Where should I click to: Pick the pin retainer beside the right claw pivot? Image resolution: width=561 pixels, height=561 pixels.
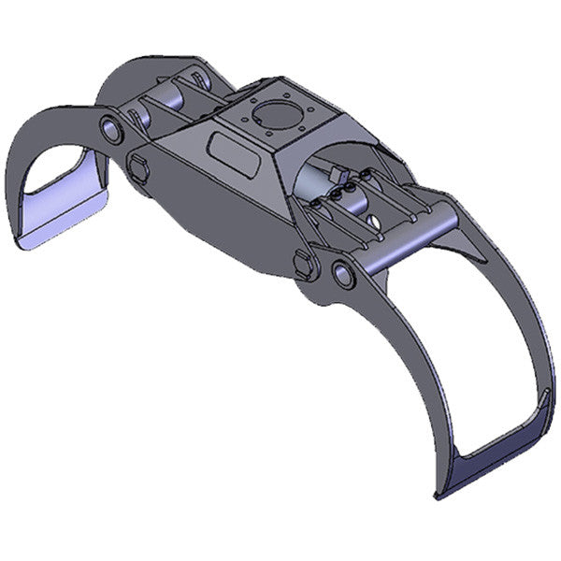tap(305, 263)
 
